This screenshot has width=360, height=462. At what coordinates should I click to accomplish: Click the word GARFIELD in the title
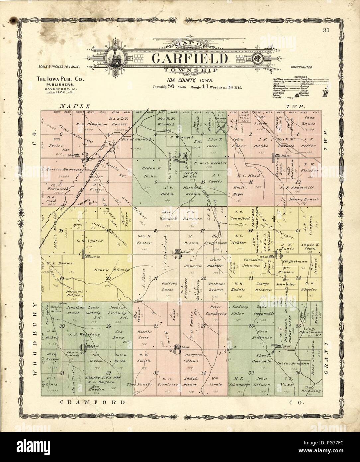pyautogui.click(x=190, y=58)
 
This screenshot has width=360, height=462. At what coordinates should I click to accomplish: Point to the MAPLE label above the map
pyautogui.click(x=75, y=106)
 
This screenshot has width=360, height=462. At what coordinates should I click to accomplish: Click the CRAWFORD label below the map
pyautogui.click(x=93, y=402)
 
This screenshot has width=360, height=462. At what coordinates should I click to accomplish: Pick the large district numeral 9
pyautogui.click(x=83, y=349)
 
